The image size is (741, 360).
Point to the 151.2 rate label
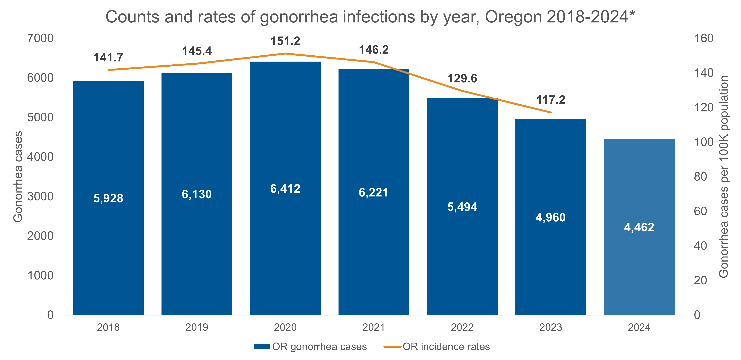(285, 41)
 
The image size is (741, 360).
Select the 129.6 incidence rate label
(462, 79)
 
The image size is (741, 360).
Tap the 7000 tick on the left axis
(40, 38)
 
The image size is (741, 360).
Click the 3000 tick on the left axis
(40, 196)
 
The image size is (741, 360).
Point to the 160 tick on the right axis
(704, 38)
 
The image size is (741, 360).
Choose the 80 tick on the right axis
(700, 177)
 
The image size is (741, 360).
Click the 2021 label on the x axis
(373, 327)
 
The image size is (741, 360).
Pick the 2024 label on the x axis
(639, 327)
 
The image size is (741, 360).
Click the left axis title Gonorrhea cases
(18, 177)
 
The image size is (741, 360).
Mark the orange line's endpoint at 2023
(551, 112)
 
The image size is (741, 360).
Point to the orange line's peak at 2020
(285, 53)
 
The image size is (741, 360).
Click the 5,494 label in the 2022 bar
(462, 207)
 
